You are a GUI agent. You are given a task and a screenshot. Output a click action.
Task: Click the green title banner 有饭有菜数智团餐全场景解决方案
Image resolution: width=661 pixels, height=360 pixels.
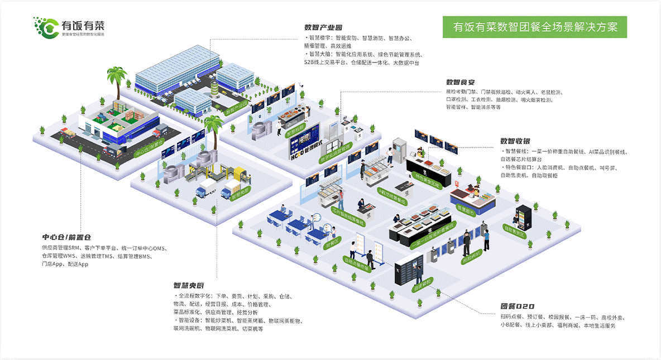535,27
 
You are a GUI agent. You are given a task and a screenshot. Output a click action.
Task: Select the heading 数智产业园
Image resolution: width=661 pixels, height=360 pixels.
323,27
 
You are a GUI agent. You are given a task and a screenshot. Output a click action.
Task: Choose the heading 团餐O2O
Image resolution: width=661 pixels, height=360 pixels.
517,306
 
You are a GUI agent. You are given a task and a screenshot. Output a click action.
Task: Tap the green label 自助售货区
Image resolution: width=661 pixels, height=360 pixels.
514,231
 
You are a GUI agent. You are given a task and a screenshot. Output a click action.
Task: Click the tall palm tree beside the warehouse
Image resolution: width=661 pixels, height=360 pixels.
117,81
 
